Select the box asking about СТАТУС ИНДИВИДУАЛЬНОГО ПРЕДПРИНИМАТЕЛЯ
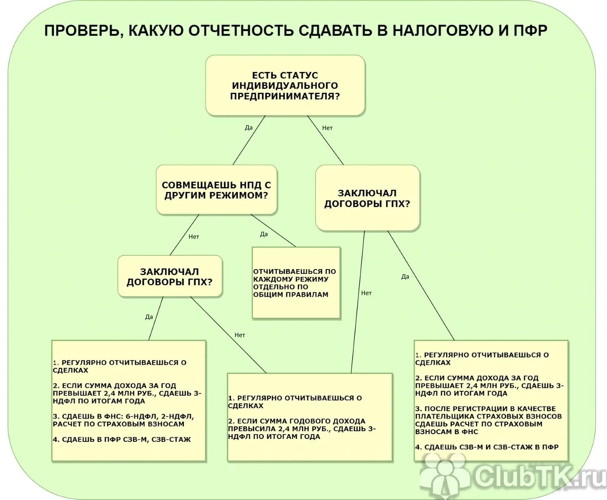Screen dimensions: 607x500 pyautogui.click(x=285, y=85)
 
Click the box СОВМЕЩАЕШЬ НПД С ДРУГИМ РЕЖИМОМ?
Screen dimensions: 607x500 pyautogui.click(x=216, y=190)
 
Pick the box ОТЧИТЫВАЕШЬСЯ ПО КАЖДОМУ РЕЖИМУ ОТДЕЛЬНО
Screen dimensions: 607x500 pyautogui.click(x=296, y=282)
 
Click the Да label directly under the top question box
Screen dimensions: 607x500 pyautogui.click(x=248, y=127)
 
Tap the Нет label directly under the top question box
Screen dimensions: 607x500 pyautogui.click(x=327, y=128)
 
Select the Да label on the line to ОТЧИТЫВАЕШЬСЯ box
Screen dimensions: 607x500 pyautogui.click(x=264, y=234)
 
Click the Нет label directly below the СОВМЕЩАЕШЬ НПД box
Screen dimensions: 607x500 pyautogui.click(x=194, y=237)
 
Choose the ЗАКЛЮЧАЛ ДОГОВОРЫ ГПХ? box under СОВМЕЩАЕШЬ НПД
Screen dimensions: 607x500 pyautogui.click(x=170, y=276)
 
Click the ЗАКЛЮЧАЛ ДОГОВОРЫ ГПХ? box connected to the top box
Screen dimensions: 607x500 pyautogui.click(x=367, y=198)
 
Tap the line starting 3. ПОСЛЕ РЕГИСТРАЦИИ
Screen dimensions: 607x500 pyautogui.click(x=486, y=409)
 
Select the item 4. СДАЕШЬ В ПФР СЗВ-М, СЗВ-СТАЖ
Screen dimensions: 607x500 pyautogui.click(x=122, y=439)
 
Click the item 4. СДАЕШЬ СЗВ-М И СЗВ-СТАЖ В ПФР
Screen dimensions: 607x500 pyautogui.click(x=487, y=447)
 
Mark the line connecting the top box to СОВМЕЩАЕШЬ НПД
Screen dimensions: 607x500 pyautogui.click(x=249, y=140)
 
